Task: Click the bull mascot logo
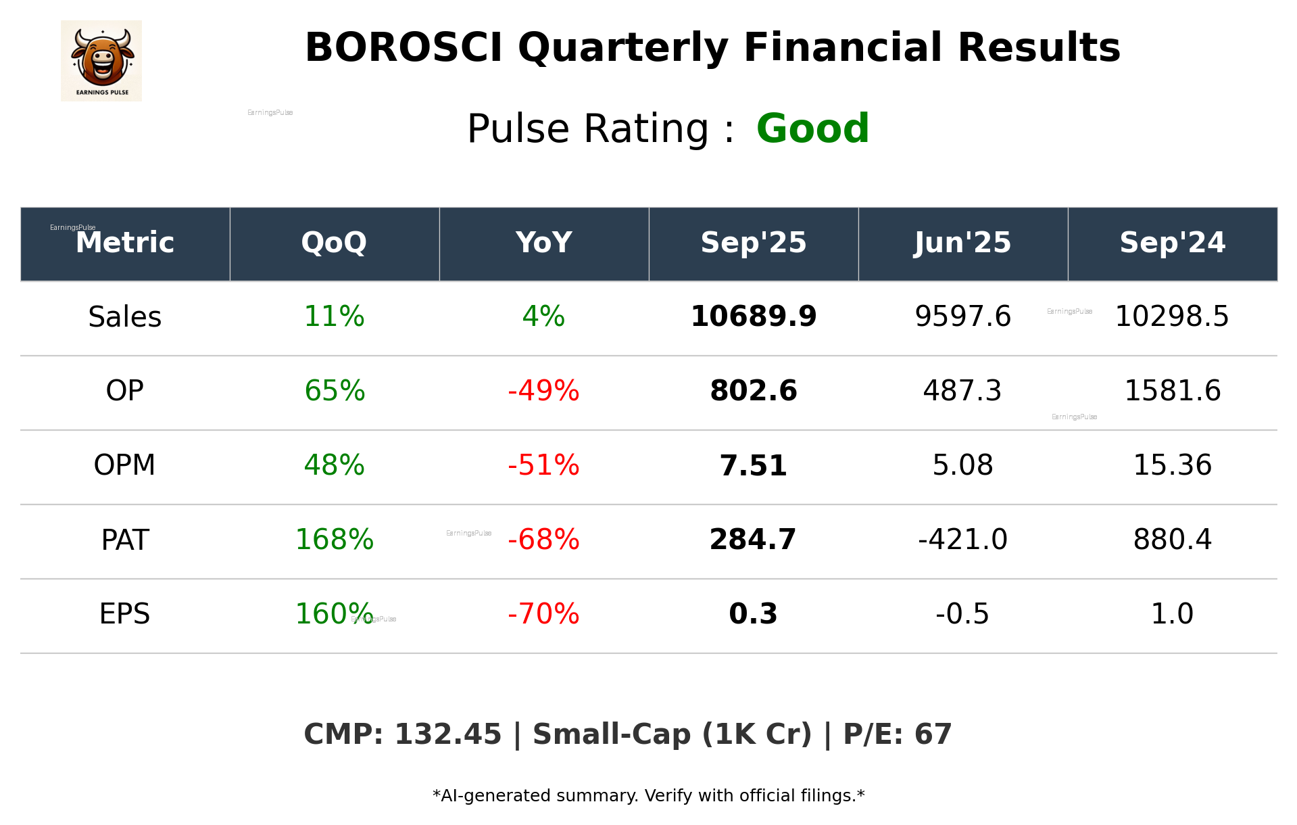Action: [101, 60]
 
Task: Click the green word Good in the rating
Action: [812, 128]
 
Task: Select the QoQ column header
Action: [334, 243]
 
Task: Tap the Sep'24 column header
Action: [1172, 243]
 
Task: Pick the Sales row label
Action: [125, 317]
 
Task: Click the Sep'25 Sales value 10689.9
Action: [753, 317]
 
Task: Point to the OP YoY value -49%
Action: [543, 392]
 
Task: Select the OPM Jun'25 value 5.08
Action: [962, 466]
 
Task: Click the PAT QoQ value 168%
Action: [334, 540]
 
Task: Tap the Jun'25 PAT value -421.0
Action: [962, 540]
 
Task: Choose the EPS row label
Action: [125, 615]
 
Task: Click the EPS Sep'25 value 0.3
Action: [753, 615]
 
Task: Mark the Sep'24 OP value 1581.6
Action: [1172, 392]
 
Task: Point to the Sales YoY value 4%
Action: [543, 317]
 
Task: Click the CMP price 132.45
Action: [447, 735]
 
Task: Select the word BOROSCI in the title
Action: [403, 48]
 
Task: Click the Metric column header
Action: [125, 243]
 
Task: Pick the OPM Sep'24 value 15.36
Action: [1172, 466]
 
